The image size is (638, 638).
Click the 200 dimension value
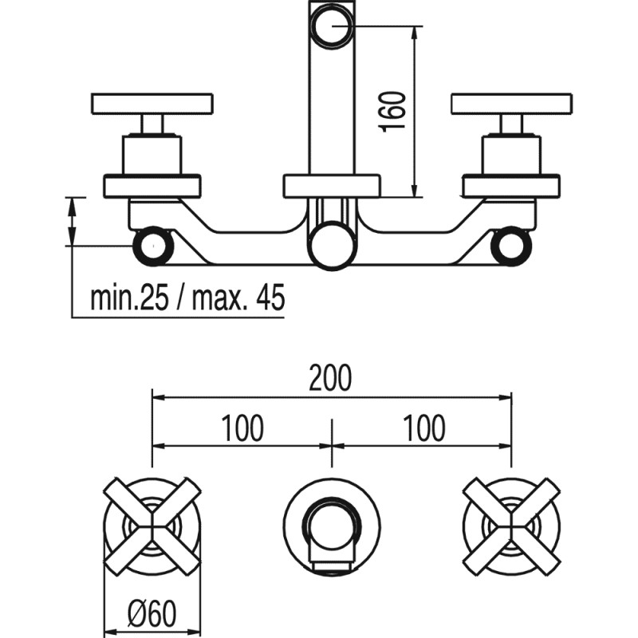(x=332, y=379)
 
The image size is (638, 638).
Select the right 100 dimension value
(x=423, y=428)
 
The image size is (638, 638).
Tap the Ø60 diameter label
(x=153, y=613)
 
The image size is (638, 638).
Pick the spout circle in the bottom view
(x=332, y=526)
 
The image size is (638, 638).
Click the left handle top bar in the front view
(x=152, y=103)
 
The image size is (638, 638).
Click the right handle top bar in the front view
(x=511, y=103)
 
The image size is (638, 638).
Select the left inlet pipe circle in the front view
(x=152, y=246)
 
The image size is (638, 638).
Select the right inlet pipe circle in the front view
(x=511, y=246)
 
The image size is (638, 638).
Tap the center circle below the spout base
(x=332, y=246)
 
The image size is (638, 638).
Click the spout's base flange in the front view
(x=332, y=185)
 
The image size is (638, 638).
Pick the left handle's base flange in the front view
(x=152, y=185)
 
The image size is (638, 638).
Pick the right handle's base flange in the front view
(x=511, y=185)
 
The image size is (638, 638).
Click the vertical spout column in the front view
(x=332, y=112)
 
